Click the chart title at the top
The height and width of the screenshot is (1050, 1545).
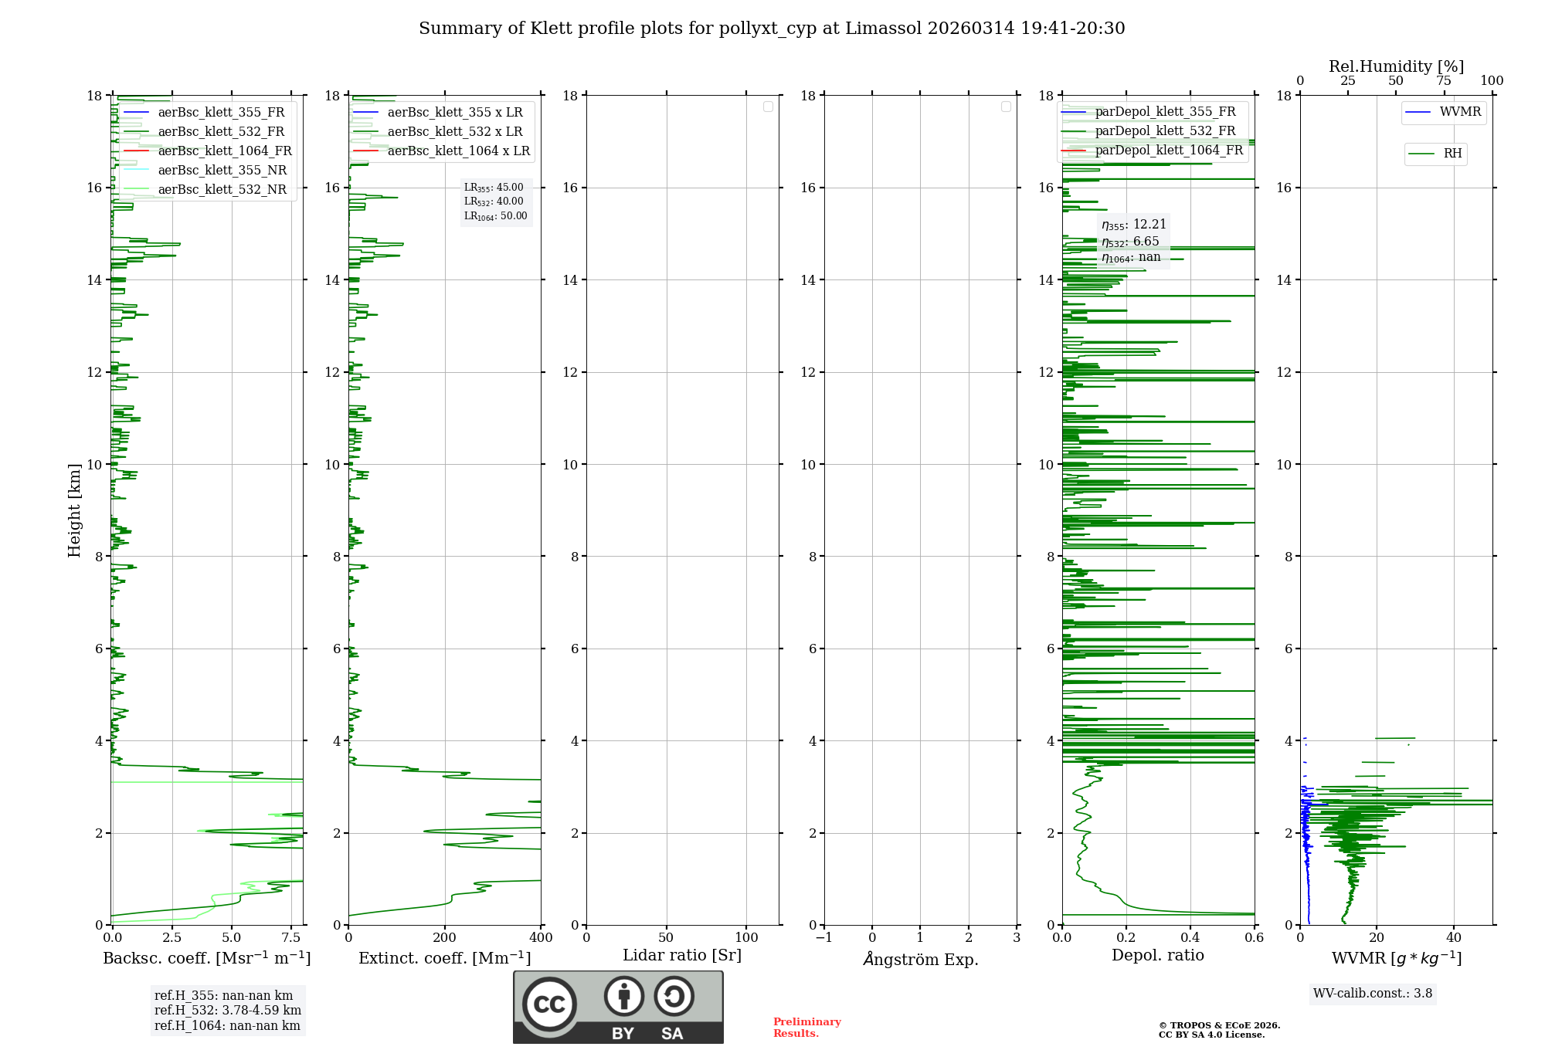point(772,29)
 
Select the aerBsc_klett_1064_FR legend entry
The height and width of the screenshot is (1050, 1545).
point(224,151)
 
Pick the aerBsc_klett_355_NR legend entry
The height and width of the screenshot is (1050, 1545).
point(222,171)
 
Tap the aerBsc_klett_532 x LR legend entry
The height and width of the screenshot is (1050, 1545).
point(454,132)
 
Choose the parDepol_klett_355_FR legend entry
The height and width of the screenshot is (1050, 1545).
point(1164,112)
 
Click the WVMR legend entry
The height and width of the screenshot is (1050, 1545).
point(1459,112)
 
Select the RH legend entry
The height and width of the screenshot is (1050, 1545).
point(1452,154)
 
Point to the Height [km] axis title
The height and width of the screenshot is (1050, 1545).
point(74,510)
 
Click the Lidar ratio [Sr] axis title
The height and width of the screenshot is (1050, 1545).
point(682,956)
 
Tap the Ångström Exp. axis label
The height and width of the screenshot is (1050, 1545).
point(920,959)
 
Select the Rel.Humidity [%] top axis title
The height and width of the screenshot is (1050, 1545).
point(1396,66)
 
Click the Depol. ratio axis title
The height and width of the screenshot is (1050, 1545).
point(1157,956)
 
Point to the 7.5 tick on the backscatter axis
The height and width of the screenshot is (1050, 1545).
point(291,938)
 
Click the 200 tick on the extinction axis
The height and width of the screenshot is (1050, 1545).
point(445,938)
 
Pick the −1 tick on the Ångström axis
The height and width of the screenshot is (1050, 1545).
point(824,938)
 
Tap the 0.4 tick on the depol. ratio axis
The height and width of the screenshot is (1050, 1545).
point(1190,938)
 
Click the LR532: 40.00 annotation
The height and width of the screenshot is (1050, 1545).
point(494,202)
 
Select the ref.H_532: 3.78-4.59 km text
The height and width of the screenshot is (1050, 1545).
point(228,1011)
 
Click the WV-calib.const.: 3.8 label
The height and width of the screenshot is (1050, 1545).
point(1373,994)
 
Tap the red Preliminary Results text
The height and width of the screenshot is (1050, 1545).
point(806,1028)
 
